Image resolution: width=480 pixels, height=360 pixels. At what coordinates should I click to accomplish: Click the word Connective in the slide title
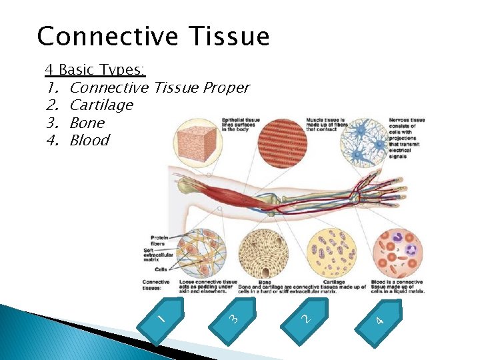click(x=93, y=36)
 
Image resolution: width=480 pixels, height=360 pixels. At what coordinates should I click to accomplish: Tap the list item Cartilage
click(x=101, y=105)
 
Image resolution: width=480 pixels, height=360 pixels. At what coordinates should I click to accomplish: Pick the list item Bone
click(x=87, y=123)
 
